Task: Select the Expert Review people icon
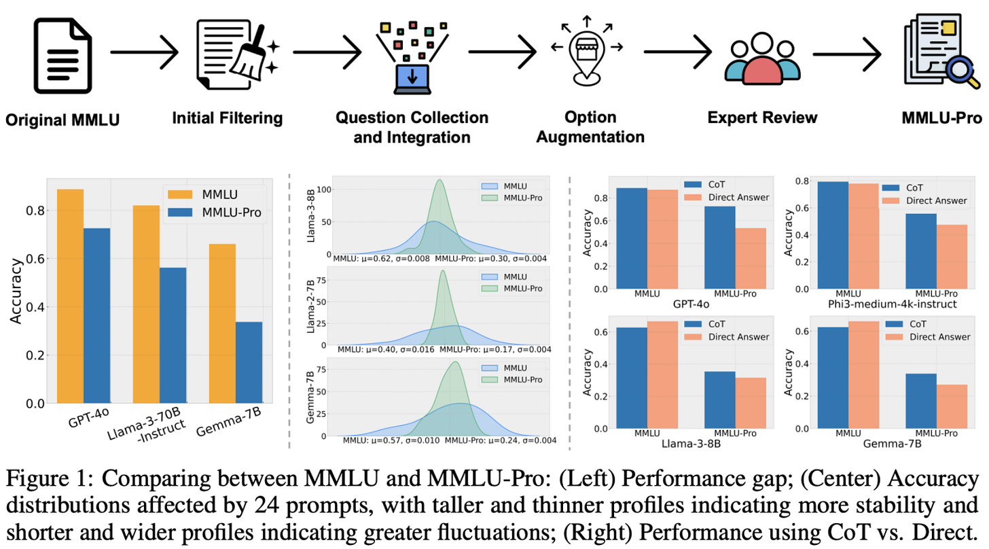tap(762, 60)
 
